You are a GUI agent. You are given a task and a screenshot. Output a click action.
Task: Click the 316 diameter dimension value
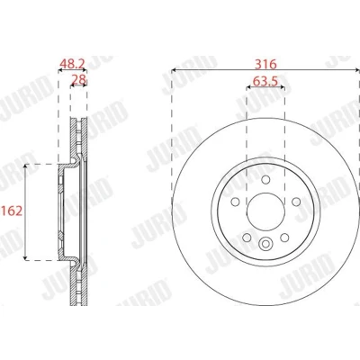265,64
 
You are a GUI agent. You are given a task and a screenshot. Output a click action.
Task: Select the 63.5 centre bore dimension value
265,81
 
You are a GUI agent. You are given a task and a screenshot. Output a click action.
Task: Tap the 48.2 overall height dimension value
72,64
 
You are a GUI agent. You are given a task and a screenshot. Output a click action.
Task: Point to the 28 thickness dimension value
78,79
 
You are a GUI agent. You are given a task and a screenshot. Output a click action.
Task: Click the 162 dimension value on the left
12,211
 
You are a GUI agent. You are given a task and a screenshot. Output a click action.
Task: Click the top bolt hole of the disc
265,180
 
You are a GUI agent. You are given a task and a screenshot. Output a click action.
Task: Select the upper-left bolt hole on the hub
236,202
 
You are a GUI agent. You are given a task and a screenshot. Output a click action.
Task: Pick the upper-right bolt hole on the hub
296,202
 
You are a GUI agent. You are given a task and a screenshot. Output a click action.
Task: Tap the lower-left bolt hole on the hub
247,238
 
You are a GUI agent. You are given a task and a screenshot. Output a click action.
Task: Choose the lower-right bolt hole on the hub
284,238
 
